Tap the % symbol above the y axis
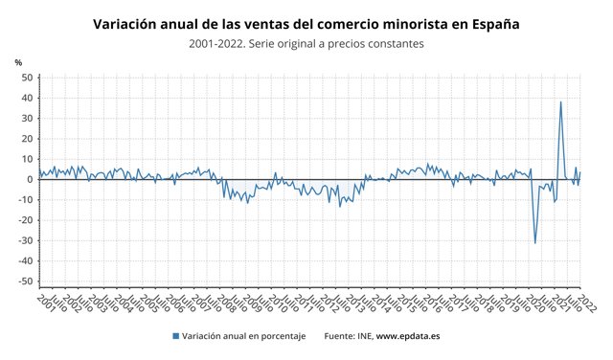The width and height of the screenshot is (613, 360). (x=18, y=62)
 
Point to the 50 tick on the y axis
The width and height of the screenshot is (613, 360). (x=27, y=78)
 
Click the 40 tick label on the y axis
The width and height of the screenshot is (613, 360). (x=27, y=98)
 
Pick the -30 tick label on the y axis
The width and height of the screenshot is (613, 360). (x=26, y=240)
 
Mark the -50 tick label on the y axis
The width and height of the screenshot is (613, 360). (x=26, y=281)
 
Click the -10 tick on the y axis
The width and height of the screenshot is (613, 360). (x=26, y=200)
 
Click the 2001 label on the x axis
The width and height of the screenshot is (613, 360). (x=42, y=304)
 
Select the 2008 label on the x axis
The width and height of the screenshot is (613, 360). (x=223, y=304)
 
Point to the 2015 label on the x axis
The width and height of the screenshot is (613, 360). (x=404, y=304)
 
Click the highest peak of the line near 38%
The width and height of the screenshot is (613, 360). (x=560, y=101)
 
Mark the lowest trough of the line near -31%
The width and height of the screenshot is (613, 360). (x=534, y=243)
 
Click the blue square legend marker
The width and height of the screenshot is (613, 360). (x=175, y=336)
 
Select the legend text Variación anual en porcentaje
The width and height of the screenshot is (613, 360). (x=244, y=336)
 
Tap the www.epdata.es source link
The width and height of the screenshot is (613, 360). (x=407, y=336)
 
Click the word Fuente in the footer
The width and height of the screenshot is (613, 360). (x=340, y=336)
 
